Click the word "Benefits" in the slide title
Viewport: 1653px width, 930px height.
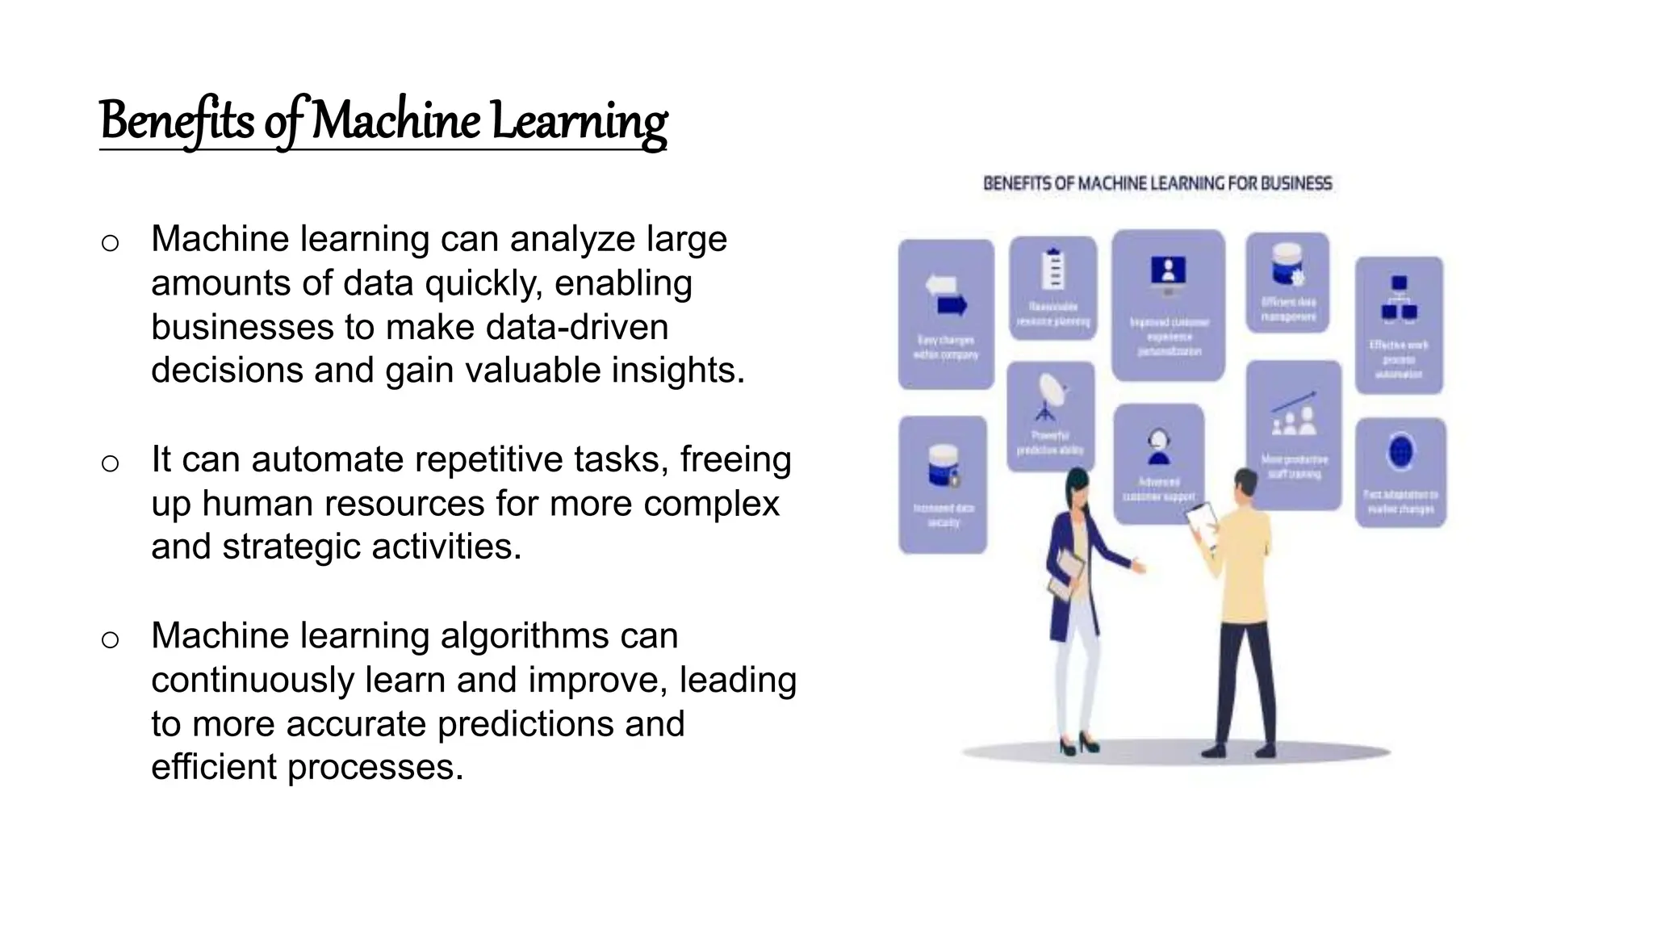[x=177, y=121]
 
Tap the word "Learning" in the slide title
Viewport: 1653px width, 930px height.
[x=579, y=121]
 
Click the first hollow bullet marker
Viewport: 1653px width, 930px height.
[x=111, y=243]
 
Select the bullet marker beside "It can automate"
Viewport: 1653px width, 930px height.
[x=111, y=463]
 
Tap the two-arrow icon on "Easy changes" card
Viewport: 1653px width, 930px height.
[x=946, y=295]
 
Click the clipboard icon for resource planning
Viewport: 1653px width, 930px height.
[x=1052, y=268]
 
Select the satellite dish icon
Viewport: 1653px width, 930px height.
[x=1050, y=396]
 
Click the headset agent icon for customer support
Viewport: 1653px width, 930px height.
[x=1159, y=446]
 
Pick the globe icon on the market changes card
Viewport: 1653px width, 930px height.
[x=1400, y=452]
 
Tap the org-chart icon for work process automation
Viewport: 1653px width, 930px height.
[x=1399, y=299]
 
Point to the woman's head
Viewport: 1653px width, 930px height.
[x=1078, y=487]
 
